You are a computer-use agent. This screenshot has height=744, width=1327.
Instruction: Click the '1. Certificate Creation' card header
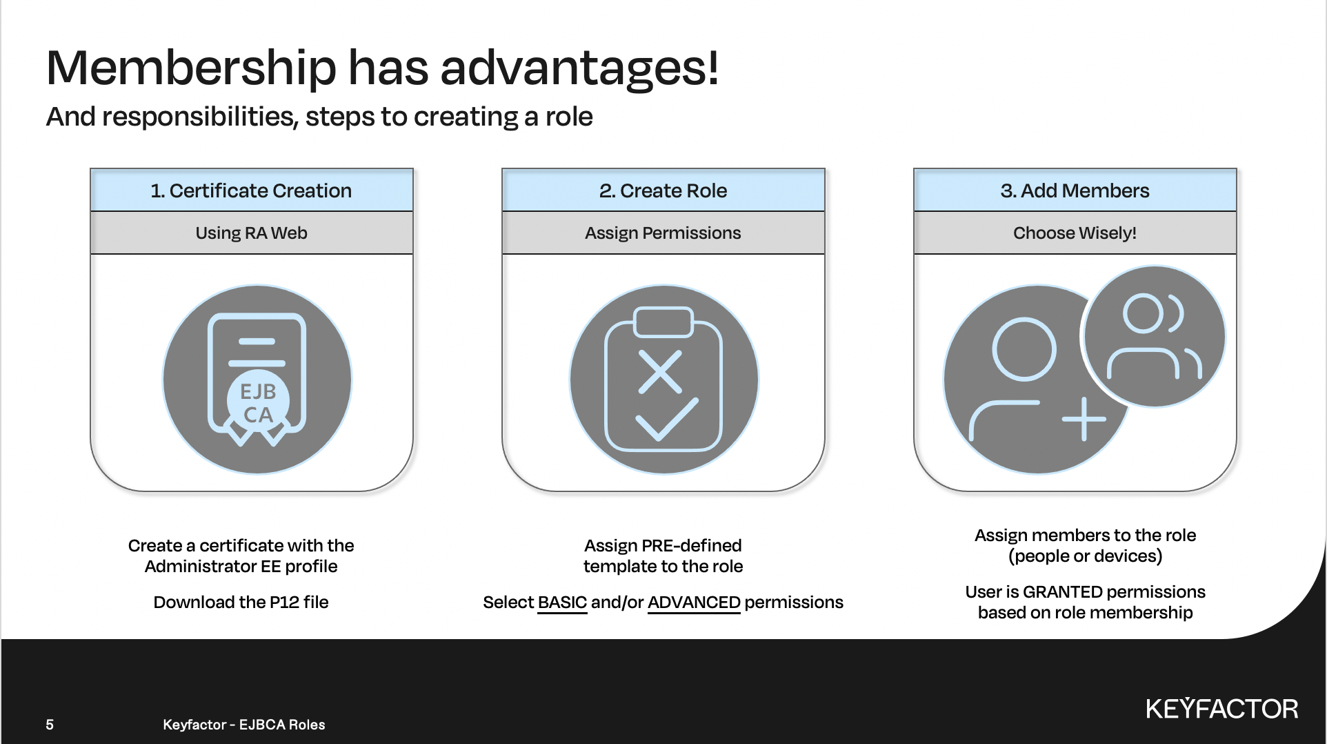(252, 190)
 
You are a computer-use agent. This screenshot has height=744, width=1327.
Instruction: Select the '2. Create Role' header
(663, 190)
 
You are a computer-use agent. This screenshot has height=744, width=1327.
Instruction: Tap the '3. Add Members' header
(1075, 190)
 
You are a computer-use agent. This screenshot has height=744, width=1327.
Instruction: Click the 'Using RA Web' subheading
(252, 233)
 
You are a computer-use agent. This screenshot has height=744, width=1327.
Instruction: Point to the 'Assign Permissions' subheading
(663, 233)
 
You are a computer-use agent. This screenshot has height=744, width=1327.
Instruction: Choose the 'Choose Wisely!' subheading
(1075, 233)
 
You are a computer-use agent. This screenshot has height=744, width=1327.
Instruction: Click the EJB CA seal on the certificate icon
(258, 403)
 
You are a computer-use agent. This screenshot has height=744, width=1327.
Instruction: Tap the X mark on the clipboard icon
(660, 372)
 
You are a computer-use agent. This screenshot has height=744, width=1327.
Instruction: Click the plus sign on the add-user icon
(1084, 419)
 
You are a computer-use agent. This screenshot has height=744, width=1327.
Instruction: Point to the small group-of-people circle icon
(1154, 337)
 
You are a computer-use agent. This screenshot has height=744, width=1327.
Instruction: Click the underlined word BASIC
(562, 603)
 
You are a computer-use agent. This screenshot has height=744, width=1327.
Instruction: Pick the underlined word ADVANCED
(694, 603)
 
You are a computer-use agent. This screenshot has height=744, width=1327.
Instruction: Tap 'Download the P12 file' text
(241, 603)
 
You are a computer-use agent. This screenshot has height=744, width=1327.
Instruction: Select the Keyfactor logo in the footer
(1222, 709)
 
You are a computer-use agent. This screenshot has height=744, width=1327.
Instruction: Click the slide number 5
(50, 725)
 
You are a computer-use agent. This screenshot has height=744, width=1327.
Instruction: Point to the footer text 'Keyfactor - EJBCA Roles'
(244, 725)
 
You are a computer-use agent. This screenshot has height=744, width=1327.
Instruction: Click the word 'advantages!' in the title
(579, 68)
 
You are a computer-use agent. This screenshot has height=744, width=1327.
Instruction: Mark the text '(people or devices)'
(1086, 556)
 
